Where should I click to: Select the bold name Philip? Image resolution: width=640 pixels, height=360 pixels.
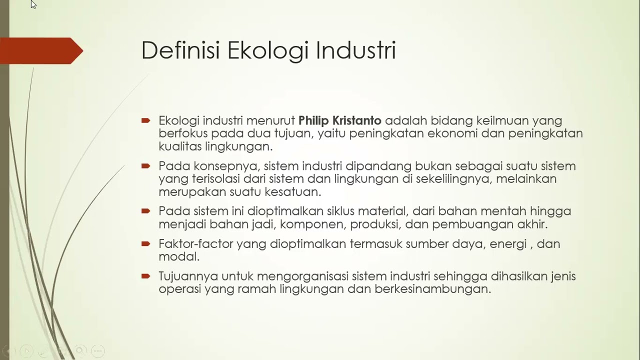click(313, 120)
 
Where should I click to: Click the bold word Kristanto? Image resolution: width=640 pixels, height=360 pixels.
click(357, 120)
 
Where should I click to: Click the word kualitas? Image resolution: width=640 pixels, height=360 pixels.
click(180, 146)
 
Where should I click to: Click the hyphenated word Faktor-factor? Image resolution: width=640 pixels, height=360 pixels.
click(195, 244)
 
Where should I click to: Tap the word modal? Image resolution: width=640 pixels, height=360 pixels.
click(179, 257)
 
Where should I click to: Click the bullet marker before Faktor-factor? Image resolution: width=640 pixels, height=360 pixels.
click(146, 244)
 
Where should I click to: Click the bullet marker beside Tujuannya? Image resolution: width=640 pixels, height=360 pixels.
click(146, 276)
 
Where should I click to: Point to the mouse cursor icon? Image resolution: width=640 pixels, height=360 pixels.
click(33, 4)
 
